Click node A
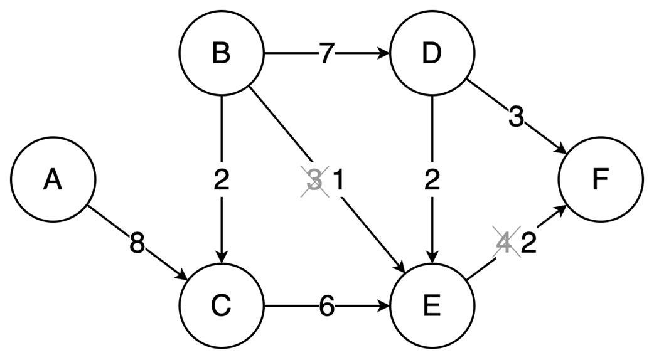53,180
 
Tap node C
222,307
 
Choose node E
432,307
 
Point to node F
601,180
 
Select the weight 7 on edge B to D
325,54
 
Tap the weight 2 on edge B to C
222,181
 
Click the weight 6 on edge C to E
325,307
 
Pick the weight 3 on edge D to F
516,117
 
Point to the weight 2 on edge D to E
432,181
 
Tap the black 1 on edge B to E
338,181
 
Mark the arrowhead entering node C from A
183,277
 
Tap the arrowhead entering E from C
384,307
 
